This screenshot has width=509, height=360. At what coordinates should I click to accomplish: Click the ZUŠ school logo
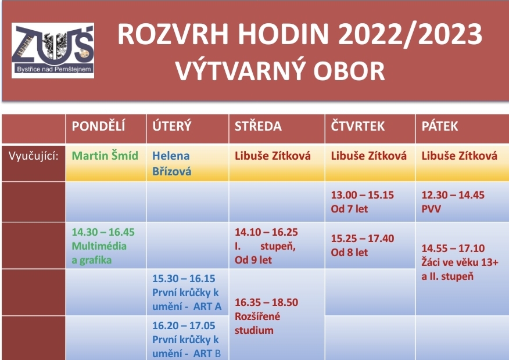coord(53,51)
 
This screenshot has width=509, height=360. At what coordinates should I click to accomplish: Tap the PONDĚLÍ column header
coord(98,126)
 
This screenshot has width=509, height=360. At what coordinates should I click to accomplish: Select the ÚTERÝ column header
coord(172,126)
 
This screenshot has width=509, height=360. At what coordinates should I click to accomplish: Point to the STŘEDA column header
coord(258,126)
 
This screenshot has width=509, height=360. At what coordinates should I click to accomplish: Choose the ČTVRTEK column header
coord(358,126)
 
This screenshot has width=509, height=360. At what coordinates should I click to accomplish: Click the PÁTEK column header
coord(440,126)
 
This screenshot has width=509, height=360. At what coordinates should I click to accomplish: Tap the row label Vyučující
coord(34,156)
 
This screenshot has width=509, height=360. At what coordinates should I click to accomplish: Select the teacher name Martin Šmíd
coord(105,156)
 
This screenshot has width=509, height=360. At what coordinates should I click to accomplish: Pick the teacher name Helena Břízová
coord(172,164)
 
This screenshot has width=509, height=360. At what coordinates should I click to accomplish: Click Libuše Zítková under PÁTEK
coord(460,156)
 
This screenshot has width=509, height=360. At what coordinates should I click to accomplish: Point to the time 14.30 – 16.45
coord(103,232)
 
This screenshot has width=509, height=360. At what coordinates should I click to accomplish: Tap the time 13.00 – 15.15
coord(362,195)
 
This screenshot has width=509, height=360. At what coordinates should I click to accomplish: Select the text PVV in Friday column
coord(431,209)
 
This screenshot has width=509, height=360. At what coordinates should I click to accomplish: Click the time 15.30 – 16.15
coord(184,279)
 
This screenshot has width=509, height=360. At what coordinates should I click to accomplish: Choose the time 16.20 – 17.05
coord(184,326)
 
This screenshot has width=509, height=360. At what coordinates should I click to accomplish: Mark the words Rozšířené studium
coord(257,323)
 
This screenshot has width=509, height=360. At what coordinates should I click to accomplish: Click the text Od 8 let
coord(349,253)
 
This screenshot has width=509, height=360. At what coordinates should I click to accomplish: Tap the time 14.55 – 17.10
coord(453,249)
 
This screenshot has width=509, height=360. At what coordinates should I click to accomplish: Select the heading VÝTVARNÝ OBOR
coord(280,71)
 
